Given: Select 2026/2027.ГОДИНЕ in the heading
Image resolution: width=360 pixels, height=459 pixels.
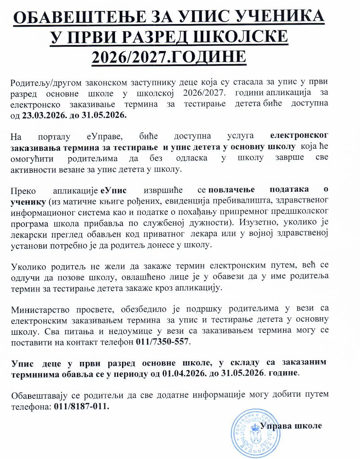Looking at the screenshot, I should click(169, 57).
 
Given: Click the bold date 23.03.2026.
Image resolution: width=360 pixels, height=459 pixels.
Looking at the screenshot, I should click(43, 115).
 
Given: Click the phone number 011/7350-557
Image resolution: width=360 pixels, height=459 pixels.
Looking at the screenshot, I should click(162, 342).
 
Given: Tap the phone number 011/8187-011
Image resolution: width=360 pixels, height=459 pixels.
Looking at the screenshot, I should click(81, 407).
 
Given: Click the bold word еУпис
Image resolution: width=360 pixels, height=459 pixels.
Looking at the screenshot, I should click(113, 190).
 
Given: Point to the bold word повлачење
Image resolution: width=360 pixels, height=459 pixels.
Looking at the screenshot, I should click(231, 190).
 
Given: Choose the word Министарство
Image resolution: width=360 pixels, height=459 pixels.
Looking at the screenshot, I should click(40, 310).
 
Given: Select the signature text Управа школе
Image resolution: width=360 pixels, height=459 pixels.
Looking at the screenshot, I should click(291, 426).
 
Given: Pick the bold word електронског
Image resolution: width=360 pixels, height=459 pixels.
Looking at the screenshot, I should click(299, 135).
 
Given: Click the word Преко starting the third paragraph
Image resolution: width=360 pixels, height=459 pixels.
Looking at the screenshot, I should click(23, 191).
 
